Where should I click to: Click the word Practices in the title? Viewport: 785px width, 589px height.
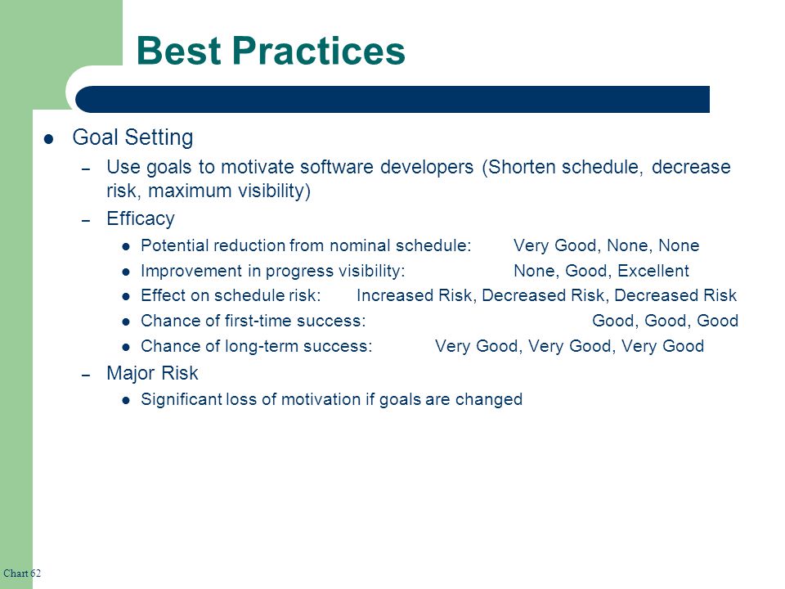click(318, 51)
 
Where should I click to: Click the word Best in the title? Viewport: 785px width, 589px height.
click(179, 51)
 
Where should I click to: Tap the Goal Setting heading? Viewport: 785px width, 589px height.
click(132, 137)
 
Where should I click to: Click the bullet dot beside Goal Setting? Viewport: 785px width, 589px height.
click(48, 139)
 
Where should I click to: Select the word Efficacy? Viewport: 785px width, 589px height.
click(141, 219)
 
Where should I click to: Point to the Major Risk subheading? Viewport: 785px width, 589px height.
click(152, 373)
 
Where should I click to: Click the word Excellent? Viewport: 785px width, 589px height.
click(653, 271)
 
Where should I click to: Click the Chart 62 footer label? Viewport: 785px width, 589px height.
click(22, 573)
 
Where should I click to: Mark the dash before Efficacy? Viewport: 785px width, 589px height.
click(86, 220)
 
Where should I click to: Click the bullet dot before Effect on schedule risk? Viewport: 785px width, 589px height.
click(126, 296)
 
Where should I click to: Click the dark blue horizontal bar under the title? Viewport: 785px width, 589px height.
click(392, 99)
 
